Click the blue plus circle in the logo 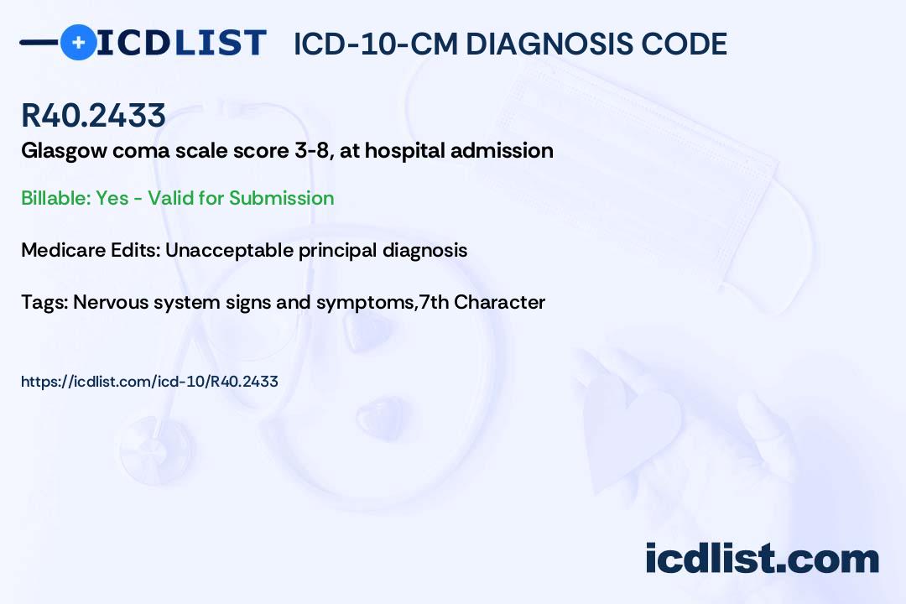(78, 42)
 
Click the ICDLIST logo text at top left (181, 43)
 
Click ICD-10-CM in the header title (376, 44)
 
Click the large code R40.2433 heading (94, 115)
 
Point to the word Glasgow (64, 151)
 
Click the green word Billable (56, 198)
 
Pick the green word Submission (281, 198)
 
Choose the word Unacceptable (229, 250)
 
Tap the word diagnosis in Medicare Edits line (424, 250)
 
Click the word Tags (44, 302)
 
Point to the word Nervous (111, 302)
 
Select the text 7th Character (482, 302)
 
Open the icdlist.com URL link (149, 382)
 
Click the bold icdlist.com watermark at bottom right (762, 559)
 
